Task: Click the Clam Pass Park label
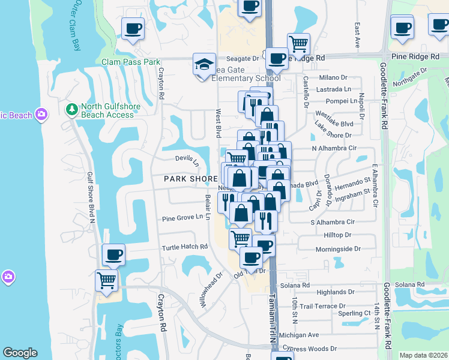pyautogui.click(x=131, y=62)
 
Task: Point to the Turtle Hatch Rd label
pyautogui.click(x=184, y=247)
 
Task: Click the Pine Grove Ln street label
pyautogui.click(x=182, y=218)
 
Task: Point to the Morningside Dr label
pyautogui.click(x=337, y=248)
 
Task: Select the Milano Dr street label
pyautogui.click(x=333, y=77)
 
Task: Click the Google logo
pyautogui.click(x=20, y=353)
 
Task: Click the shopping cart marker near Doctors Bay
pyautogui.click(x=107, y=280)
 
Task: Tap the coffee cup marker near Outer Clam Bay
pyautogui.click(x=133, y=28)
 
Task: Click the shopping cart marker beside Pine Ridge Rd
pyautogui.click(x=298, y=43)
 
